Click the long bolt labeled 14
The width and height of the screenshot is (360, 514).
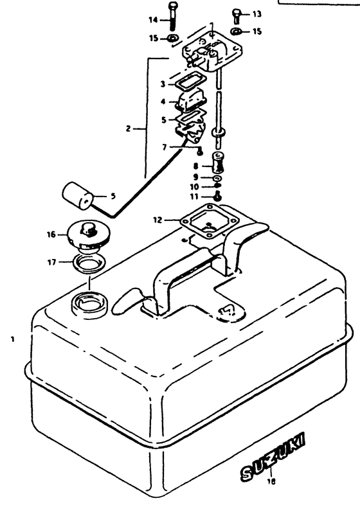(172, 17)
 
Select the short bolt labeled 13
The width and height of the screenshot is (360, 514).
(236, 14)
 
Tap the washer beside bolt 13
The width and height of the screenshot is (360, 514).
(237, 30)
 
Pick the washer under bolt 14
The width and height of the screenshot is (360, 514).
(172, 39)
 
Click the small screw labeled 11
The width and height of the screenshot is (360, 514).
(219, 197)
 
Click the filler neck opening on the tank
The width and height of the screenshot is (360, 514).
(87, 301)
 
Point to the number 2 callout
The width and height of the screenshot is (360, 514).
(129, 128)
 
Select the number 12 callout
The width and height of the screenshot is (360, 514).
(156, 220)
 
